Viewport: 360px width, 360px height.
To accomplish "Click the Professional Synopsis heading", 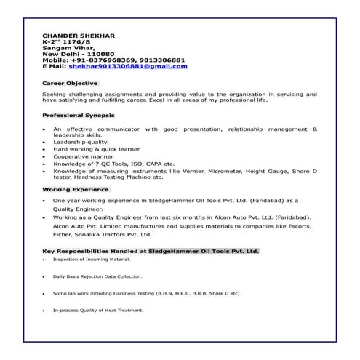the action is click(77, 116).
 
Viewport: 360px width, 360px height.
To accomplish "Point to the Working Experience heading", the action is click(76, 189).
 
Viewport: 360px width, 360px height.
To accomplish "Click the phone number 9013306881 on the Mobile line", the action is click(162, 60).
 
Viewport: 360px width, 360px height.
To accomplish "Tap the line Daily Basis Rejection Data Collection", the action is click(97, 276).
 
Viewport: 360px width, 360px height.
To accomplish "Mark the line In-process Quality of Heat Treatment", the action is click(98, 311).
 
